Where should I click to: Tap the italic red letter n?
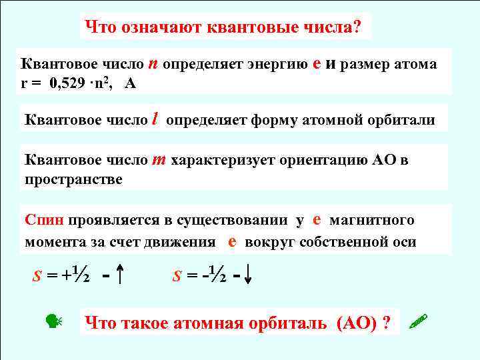[153, 63]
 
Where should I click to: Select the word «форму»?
[270, 121]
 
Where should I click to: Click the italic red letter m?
[159, 160]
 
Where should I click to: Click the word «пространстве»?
[73, 180]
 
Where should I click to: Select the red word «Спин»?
[45, 221]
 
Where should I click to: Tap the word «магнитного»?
[372, 221]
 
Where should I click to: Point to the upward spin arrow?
[118, 274]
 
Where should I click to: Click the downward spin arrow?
[248, 274]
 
